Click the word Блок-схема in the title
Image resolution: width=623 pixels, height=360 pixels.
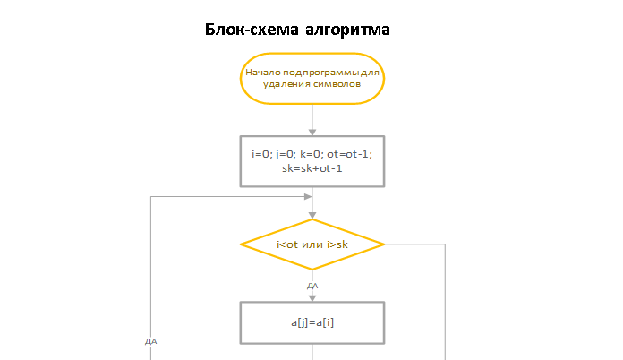252,30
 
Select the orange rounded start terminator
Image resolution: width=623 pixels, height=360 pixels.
312,79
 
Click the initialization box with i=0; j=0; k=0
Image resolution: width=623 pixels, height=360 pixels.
312,161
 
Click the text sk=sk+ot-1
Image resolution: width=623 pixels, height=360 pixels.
312,168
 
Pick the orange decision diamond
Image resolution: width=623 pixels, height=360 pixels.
312,244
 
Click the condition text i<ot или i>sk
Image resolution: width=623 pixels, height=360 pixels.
312,244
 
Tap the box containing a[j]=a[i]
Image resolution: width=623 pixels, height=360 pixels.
312,322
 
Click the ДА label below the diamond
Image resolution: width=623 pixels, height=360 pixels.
312,286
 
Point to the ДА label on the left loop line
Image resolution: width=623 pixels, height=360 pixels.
151,341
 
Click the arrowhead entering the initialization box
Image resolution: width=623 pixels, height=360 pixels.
312,133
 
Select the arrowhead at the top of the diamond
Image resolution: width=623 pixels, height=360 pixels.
312,216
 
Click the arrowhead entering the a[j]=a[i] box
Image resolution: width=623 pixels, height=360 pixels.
312,298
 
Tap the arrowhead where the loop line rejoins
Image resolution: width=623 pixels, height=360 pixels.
308,196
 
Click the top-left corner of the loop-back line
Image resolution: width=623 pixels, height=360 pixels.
150,196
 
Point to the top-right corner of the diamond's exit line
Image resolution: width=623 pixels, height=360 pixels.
445,244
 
